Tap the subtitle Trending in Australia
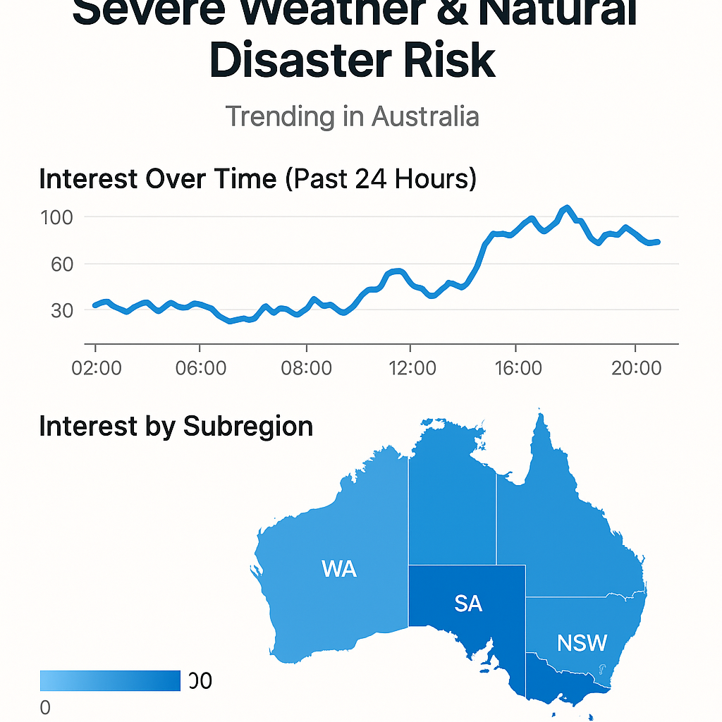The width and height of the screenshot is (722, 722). [352, 116]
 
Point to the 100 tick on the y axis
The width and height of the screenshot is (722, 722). [57, 217]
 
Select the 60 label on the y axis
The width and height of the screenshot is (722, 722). [58, 264]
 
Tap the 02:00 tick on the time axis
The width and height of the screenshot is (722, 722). [96, 368]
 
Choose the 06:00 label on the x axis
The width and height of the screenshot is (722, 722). [200, 368]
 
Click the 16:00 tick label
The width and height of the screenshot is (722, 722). [516, 368]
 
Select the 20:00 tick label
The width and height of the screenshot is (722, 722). [636, 368]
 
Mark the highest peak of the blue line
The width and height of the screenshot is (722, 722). [566, 208]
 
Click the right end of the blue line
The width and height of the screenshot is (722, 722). [657, 242]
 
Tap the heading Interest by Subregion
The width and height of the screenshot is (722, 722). [176, 427]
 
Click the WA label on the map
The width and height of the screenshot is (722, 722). [338, 569]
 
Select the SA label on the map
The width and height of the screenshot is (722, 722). [468, 604]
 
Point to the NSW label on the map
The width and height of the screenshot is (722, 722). [582, 643]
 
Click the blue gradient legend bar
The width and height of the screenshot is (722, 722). [110, 680]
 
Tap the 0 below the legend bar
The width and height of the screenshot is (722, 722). [45, 708]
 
